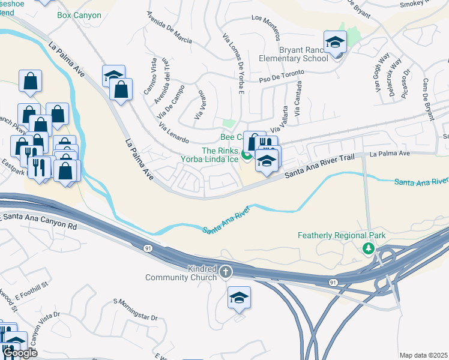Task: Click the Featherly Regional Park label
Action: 342,236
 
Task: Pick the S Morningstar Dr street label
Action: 135,309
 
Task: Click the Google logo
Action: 20,353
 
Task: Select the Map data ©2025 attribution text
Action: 424,355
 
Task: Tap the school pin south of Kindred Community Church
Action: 239,298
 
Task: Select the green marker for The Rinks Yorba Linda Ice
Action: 246,157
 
